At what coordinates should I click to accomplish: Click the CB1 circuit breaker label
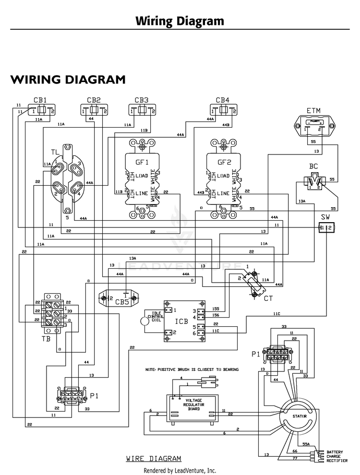point(40,100)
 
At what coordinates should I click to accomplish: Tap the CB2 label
point(94,100)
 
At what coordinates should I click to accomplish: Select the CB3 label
point(141,100)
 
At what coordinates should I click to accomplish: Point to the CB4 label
point(222,100)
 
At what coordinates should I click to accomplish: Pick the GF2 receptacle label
point(225,162)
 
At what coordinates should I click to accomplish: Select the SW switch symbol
point(326,227)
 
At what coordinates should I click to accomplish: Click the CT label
point(268,298)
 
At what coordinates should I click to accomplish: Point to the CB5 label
point(122,302)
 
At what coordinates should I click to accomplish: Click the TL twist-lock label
point(55,153)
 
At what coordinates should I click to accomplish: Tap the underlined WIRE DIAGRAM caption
point(154,458)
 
